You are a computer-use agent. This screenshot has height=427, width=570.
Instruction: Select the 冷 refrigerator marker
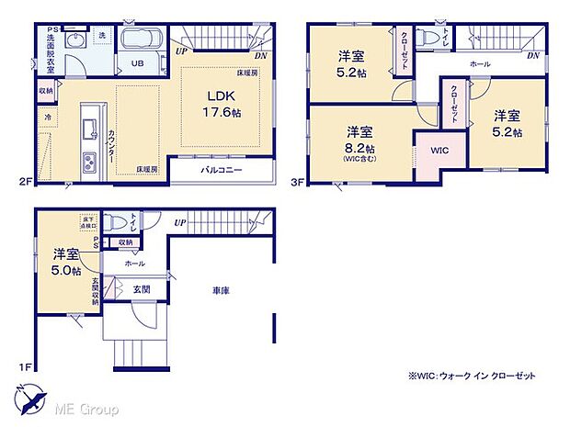coord(48,118)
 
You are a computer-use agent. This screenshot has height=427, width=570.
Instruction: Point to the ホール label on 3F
coord(479,64)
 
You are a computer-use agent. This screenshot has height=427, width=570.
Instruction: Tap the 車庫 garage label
coord(218,291)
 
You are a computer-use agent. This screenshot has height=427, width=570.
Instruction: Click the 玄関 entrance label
coord(141,289)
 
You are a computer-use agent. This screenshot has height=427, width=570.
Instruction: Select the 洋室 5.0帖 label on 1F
coord(64,262)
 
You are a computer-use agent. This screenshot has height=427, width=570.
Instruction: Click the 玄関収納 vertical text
coord(95,291)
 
